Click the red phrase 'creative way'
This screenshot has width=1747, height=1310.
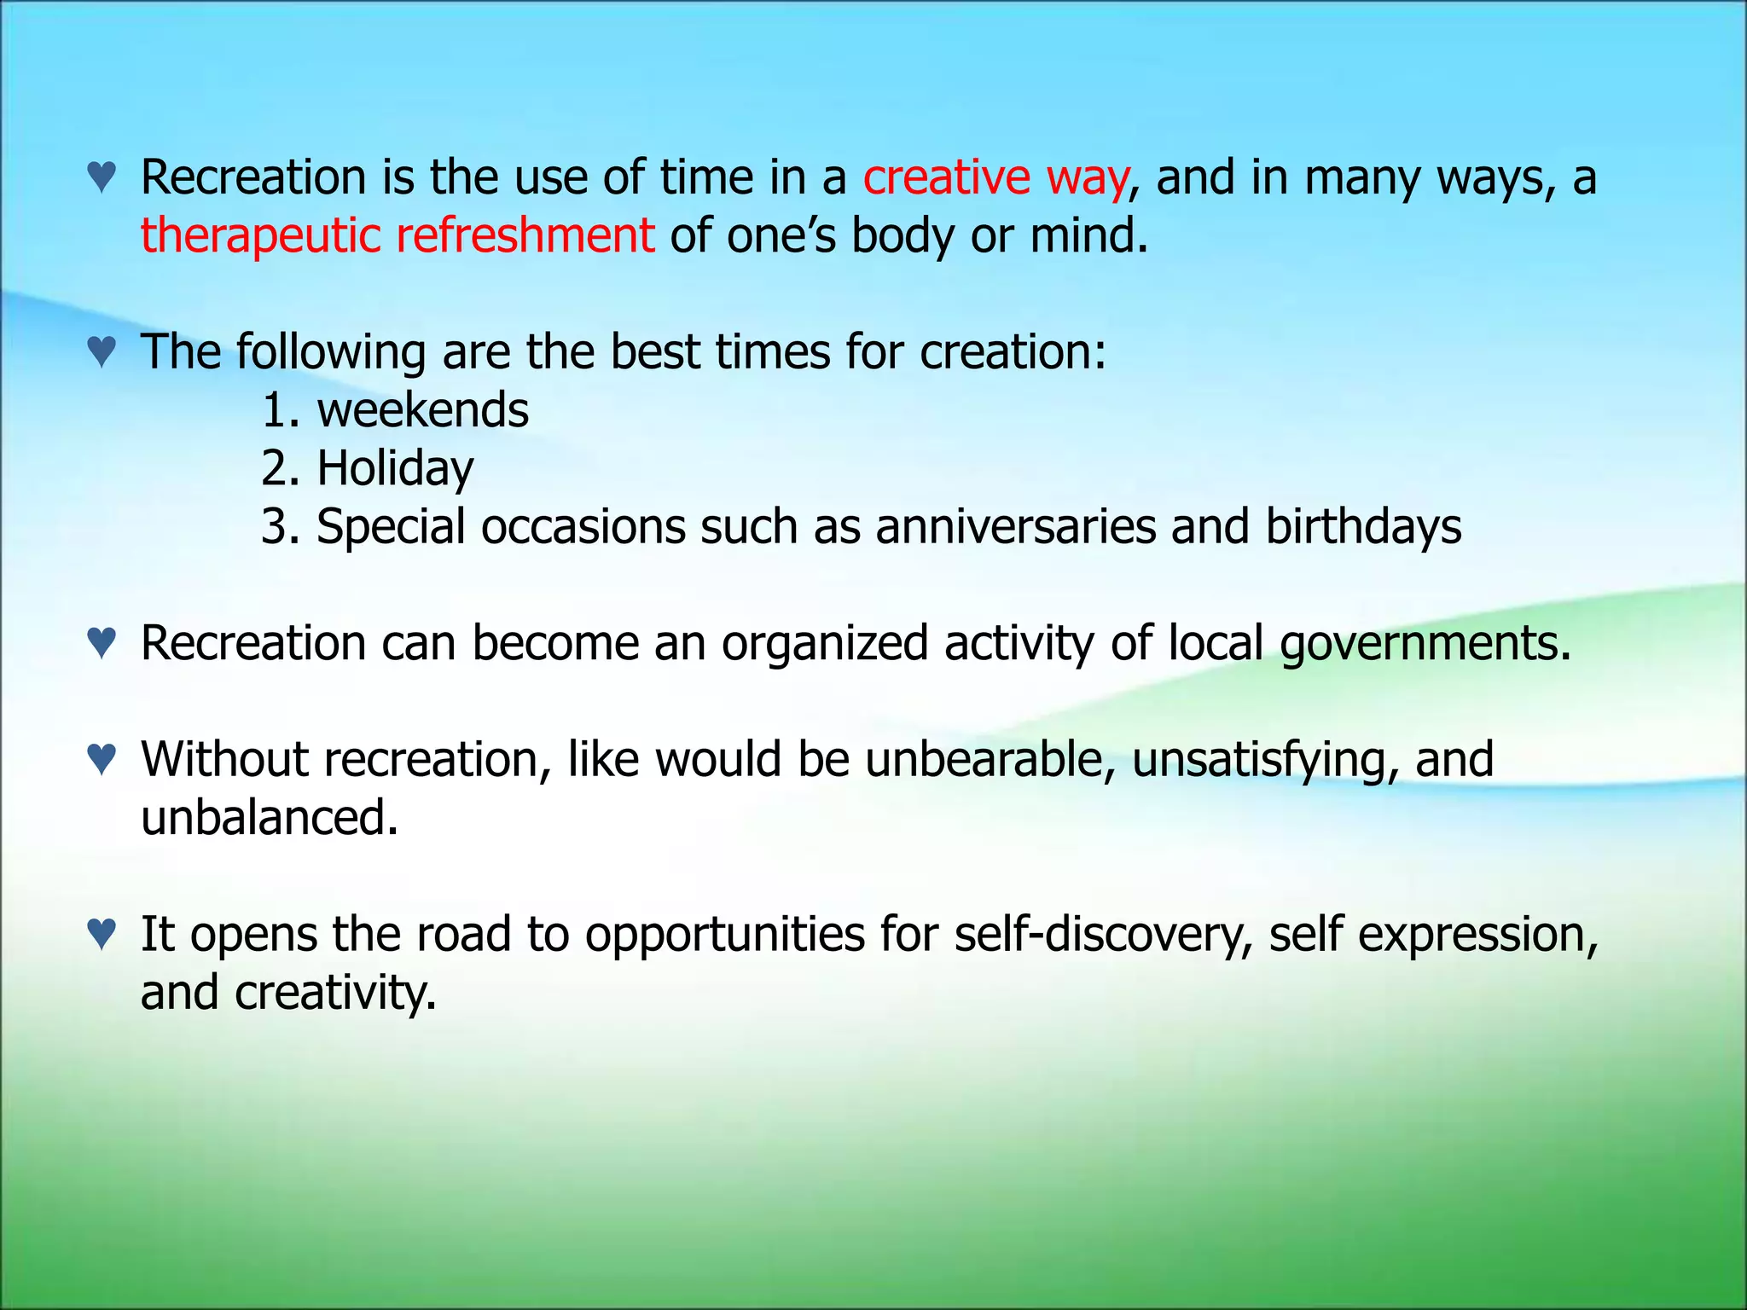[995, 178]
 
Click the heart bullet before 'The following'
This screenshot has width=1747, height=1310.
[102, 351]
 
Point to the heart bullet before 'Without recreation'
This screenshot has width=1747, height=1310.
[102, 759]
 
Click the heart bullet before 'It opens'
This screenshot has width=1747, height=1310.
[102, 934]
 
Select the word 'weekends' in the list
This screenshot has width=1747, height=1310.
[423, 410]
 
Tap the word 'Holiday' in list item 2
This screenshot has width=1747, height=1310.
[395, 468]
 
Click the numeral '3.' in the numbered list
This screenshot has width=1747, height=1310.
[281, 526]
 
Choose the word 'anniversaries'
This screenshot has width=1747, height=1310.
[1015, 526]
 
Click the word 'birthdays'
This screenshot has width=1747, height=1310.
[1363, 526]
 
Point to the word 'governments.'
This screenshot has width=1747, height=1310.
[1425, 644]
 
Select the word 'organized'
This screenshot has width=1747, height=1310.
[824, 643]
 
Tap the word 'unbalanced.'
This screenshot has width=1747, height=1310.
[270, 818]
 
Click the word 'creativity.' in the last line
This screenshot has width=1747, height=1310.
[335, 993]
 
